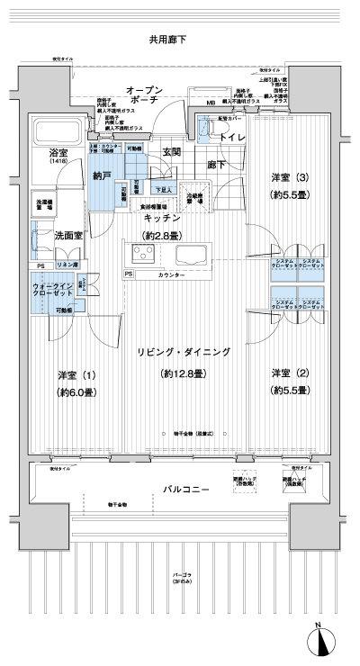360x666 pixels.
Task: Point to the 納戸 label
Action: pyautogui.click(x=103, y=176)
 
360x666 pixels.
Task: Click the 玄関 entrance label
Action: pyautogui.click(x=173, y=151)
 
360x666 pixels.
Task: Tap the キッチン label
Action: pyautogui.click(x=162, y=218)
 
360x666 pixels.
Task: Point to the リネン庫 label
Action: pyautogui.click(x=67, y=266)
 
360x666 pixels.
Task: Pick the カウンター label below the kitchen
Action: pyautogui.click(x=171, y=274)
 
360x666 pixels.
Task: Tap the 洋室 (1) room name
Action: pyautogui.click(x=77, y=374)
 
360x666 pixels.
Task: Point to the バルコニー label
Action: pyautogui.click(x=186, y=489)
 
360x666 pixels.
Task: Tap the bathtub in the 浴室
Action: pyautogui.click(x=60, y=132)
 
